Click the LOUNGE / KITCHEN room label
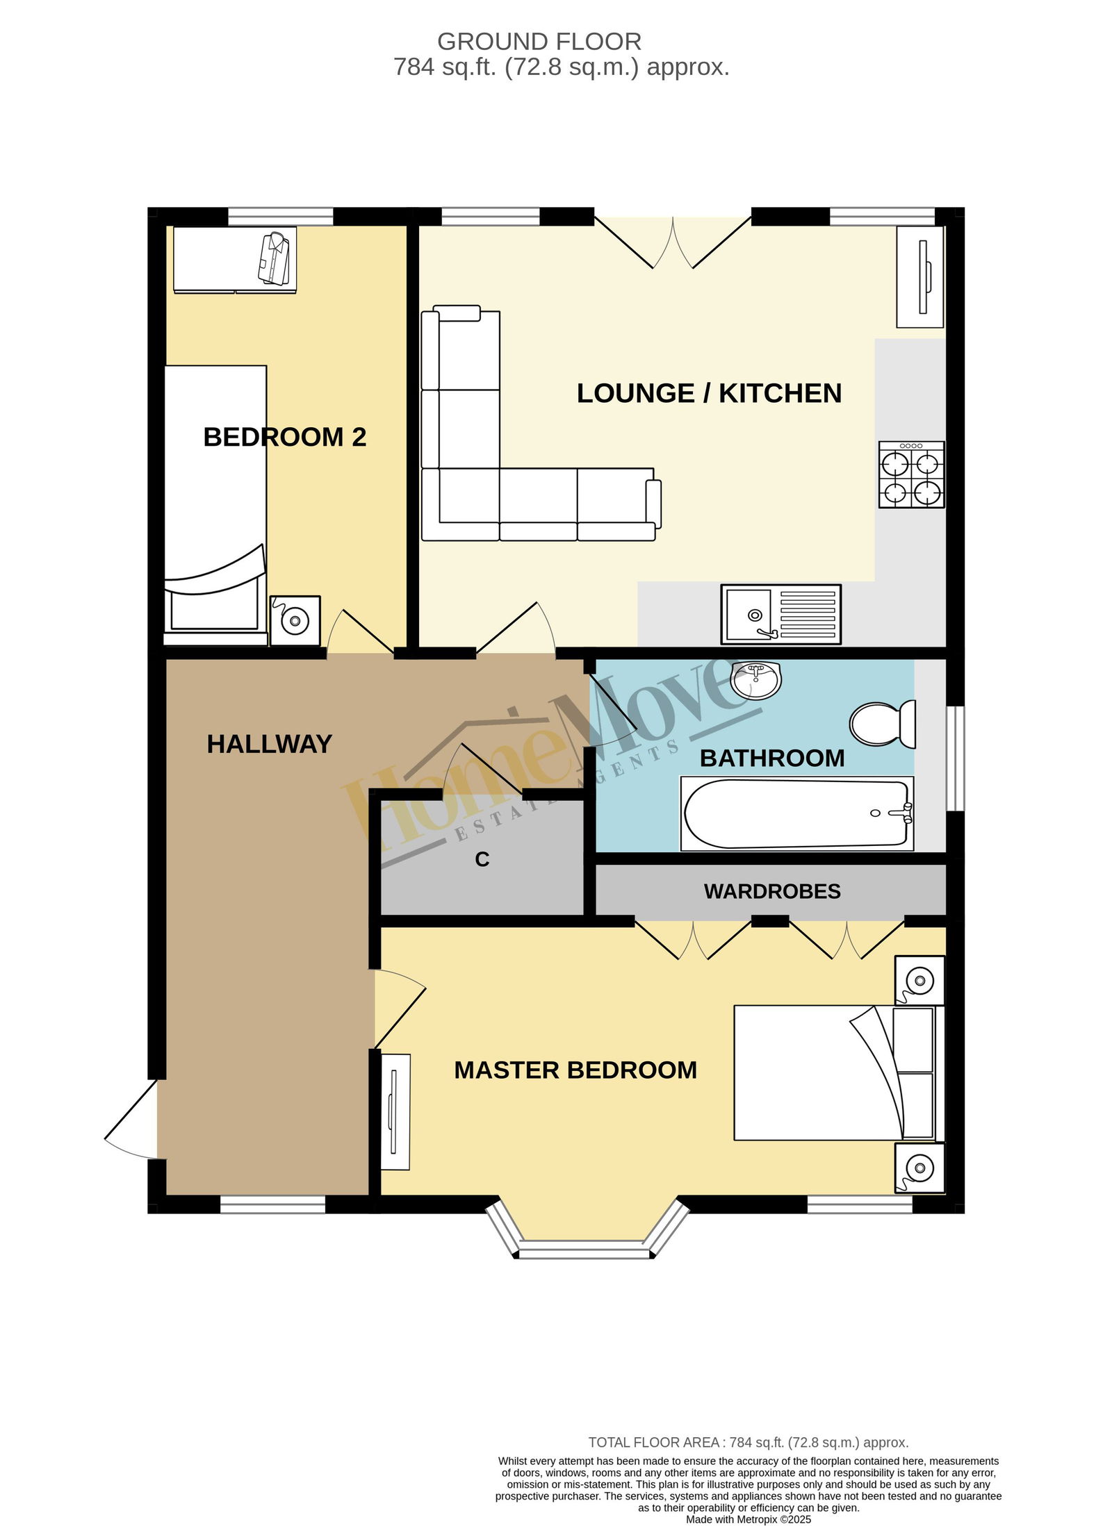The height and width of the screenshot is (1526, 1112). (709, 394)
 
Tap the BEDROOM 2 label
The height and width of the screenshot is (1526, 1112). (285, 437)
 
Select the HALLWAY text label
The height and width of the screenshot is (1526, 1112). (270, 744)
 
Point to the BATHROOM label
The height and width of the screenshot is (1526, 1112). (772, 758)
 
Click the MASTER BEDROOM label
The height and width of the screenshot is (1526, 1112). (575, 1070)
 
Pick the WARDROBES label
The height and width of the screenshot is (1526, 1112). (772, 891)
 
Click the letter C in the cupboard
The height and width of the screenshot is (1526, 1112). (482, 860)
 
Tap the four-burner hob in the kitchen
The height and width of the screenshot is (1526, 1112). (911, 474)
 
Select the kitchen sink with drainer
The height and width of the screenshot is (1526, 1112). (781, 614)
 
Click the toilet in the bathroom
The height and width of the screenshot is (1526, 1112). (883, 724)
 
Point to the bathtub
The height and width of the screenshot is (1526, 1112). (796, 813)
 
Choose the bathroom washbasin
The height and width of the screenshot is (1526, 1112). (756, 679)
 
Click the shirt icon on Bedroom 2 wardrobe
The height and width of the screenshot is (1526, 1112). (274, 258)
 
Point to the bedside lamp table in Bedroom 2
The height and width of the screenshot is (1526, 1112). (295, 620)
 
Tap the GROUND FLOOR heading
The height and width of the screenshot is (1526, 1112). (539, 42)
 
